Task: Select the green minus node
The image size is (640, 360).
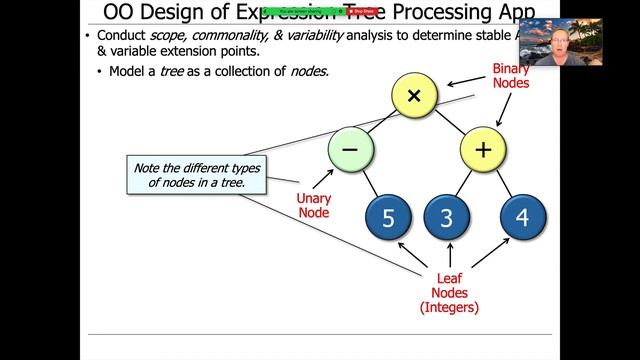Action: (x=350, y=149)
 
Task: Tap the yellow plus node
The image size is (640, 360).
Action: (x=484, y=150)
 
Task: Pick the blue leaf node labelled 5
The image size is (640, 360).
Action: (x=388, y=218)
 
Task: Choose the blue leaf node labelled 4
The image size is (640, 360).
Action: (x=520, y=218)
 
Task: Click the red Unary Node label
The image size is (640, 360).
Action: (x=313, y=206)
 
